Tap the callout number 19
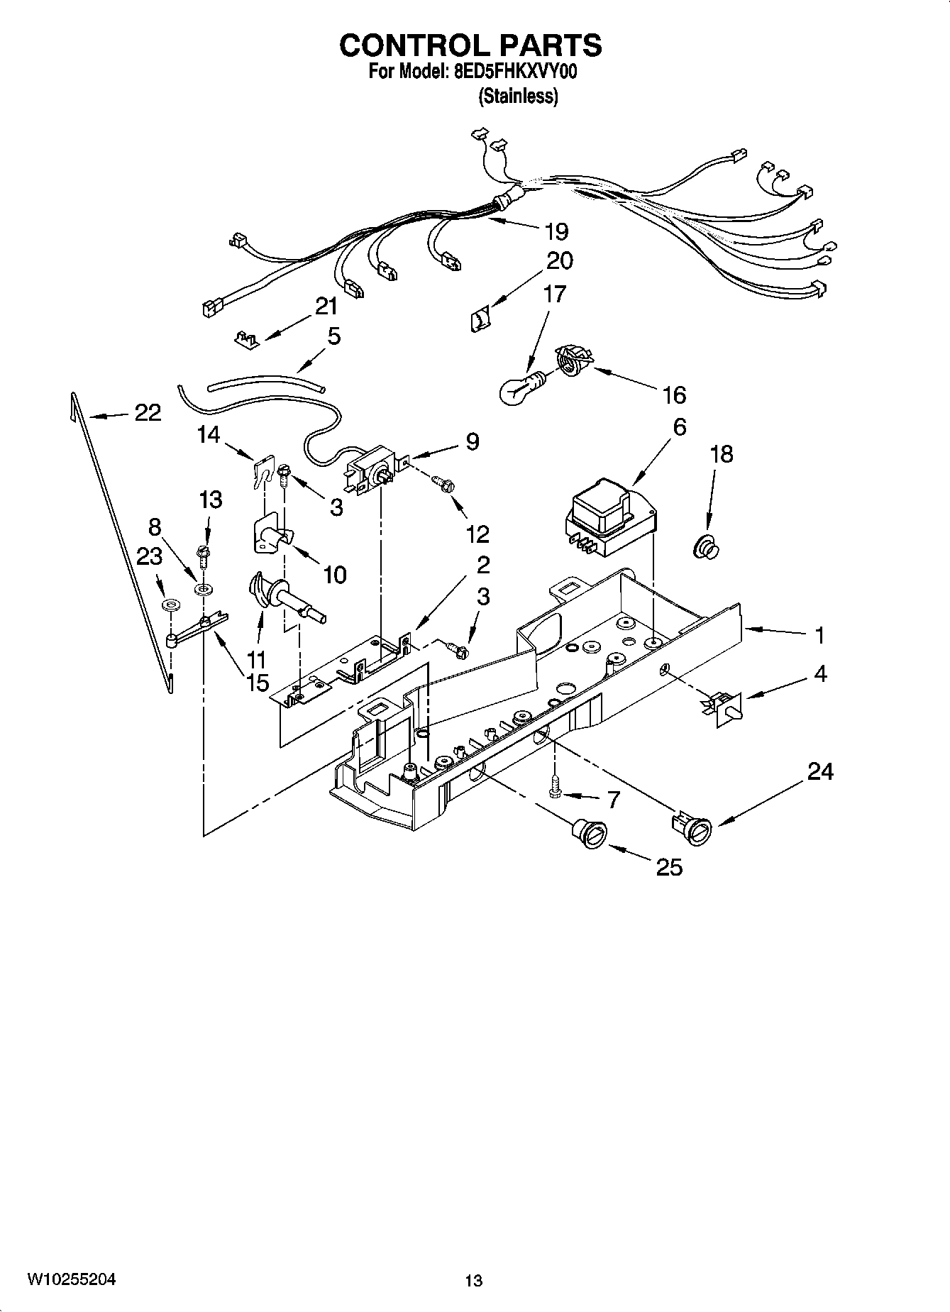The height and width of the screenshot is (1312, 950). [557, 231]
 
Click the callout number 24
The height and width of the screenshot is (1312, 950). [820, 771]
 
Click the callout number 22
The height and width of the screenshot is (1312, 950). [148, 412]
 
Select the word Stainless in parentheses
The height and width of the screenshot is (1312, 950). [518, 97]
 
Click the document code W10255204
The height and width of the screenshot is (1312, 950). [71, 1279]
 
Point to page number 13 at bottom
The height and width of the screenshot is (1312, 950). [473, 1281]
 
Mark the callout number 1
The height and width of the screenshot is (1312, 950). [819, 635]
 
